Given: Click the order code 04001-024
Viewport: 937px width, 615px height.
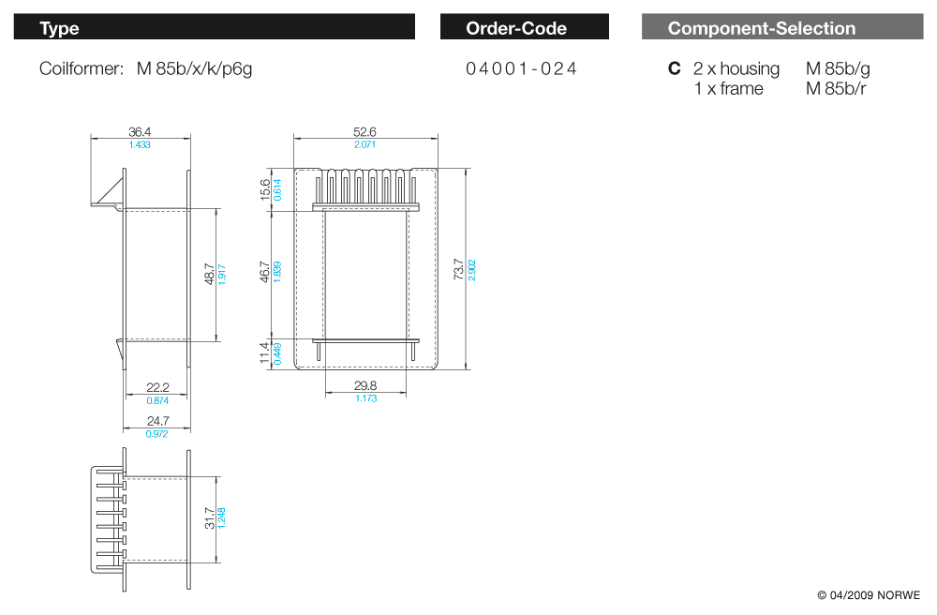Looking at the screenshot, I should (x=521, y=68).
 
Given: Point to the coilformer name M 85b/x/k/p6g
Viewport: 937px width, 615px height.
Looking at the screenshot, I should (x=195, y=68).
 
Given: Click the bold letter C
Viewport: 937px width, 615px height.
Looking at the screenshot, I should (x=674, y=68).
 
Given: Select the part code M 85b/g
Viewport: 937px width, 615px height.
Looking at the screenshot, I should (x=838, y=68).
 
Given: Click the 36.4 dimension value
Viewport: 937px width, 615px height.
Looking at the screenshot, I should (x=140, y=132).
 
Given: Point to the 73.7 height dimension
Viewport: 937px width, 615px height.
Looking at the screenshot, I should (x=458, y=269).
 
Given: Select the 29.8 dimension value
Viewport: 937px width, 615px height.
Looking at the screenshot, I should (x=365, y=385).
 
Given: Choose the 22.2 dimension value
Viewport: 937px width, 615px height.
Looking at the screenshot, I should (x=157, y=388).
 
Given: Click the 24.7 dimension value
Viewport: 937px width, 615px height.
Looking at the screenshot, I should (x=157, y=421).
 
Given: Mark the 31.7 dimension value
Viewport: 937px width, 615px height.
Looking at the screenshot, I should (x=209, y=517).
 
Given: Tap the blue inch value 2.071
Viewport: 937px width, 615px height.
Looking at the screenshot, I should (x=364, y=144).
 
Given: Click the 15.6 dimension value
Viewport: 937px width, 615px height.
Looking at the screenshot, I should (x=264, y=189).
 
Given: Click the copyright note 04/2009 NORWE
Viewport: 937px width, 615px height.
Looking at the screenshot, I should (x=869, y=595).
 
